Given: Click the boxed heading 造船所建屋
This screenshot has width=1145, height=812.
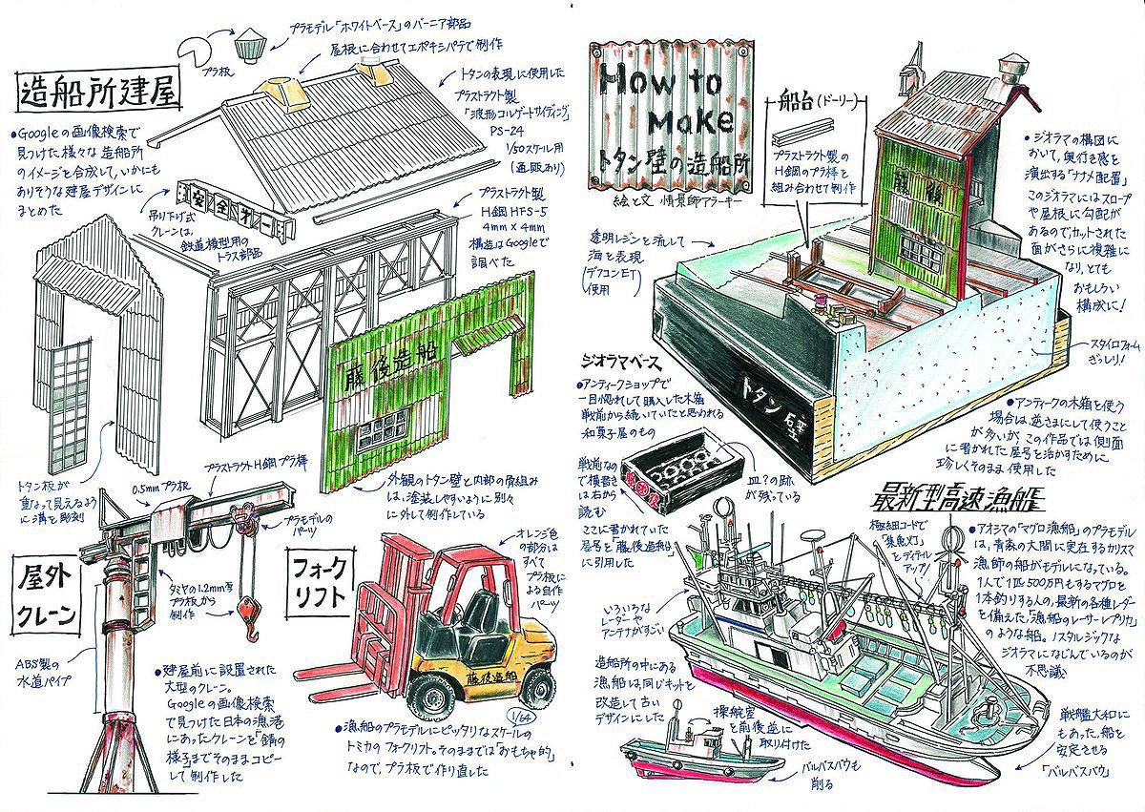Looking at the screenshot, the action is pos(98,94).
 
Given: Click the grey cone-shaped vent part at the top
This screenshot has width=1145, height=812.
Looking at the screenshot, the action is pos(251,42).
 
